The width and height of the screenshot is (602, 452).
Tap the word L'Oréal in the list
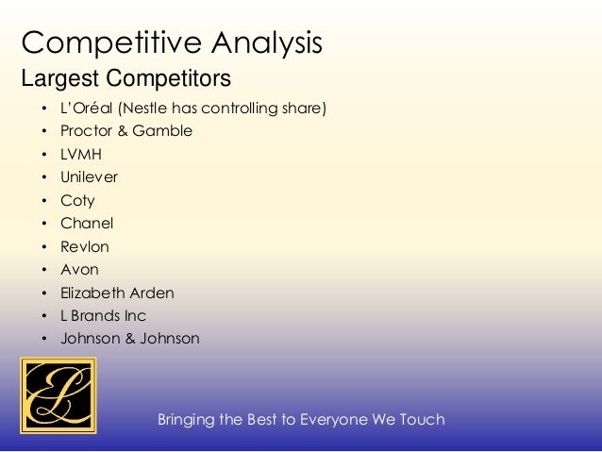84,109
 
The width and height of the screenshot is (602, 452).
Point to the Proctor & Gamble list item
126,131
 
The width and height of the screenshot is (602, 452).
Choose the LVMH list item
81,155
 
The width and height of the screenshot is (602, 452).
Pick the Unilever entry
89,177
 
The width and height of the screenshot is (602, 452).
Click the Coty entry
77,201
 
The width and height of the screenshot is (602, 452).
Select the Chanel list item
87,224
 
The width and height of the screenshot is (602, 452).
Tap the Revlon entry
85,246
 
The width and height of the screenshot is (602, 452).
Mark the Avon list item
79,270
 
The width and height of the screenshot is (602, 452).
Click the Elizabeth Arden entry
117,293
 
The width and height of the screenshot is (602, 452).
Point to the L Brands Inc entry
103,316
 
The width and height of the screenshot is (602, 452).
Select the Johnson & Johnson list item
130,339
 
